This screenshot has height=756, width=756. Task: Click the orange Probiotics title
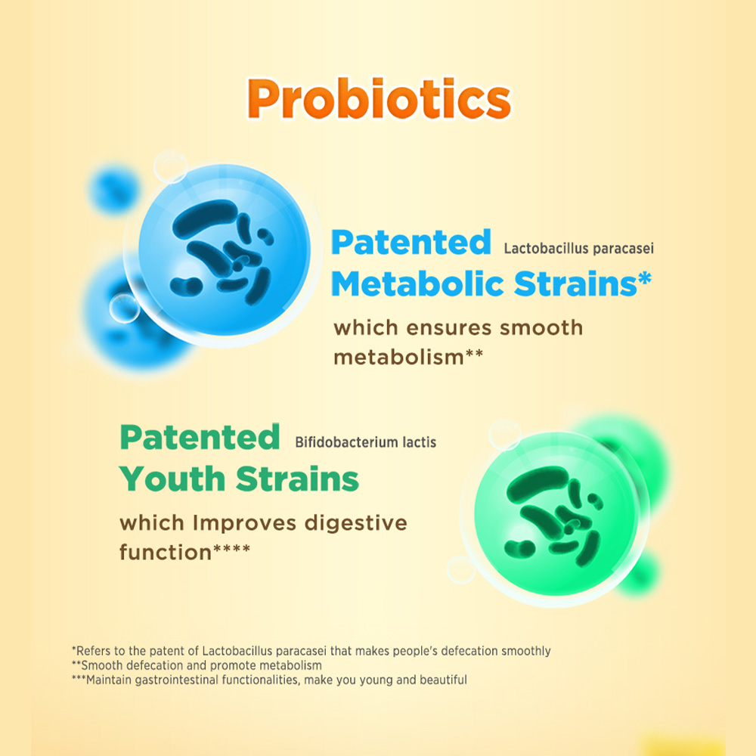pos(379,98)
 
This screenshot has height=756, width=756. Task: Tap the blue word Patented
pos(411,242)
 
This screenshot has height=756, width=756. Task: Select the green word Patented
pos(200,437)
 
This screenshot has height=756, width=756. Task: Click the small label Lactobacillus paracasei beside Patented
pos(578,248)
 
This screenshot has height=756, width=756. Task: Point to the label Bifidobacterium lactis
pos(365,442)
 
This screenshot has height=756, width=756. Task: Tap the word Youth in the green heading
pos(172,479)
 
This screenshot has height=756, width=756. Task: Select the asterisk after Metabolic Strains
pos(645,278)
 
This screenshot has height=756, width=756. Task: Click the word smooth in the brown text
pos(541,328)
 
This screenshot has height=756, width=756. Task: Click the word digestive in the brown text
pos(356,524)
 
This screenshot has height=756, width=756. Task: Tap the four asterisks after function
pos(232,548)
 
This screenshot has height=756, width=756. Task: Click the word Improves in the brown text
pos(244,524)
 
